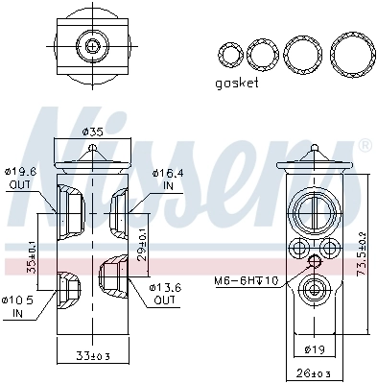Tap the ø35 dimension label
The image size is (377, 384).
[x=92, y=132]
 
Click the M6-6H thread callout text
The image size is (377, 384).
[x=245, y=279]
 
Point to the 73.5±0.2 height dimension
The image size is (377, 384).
[x=362, y=252]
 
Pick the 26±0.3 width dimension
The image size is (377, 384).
[x=315, y=373]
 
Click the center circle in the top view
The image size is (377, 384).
[x=92, y=46]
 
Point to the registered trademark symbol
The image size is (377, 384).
[x=365, y=145]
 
